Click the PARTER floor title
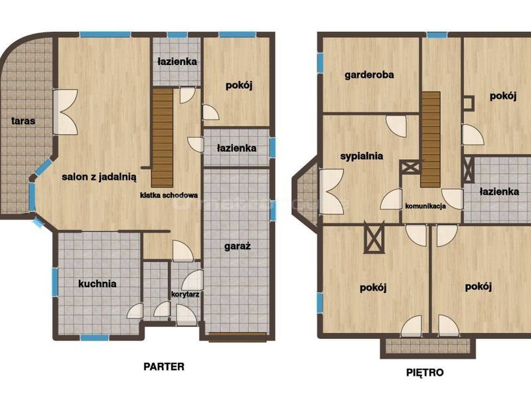pos(164,367)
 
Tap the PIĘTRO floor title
pos(425,373)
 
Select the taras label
pos(23,121)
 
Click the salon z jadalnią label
pos(99,176)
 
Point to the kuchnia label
pos(97,283)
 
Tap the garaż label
pos(238,246)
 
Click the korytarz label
pos(185,295)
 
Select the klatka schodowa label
pos(169,195)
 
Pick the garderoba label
pos(369,75)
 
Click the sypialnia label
pos(362,156)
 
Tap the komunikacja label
pos(425,206)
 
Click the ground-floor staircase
pos(163,138)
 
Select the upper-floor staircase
pos(431,139)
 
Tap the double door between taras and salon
pos(66,111)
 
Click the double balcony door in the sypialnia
pos(332,192)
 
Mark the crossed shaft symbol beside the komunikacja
pos(411,167)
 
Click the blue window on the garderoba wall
pos(320,63)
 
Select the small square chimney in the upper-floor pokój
pos(469,103)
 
